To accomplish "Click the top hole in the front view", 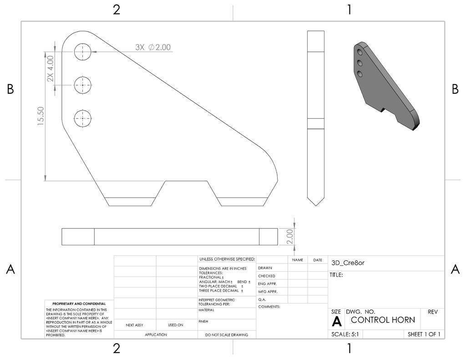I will [x=83, y=52].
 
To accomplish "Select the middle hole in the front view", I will [x=83, y=84].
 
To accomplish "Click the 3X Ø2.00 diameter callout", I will [x=153, y=47].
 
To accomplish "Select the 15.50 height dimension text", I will [x=41, y=116].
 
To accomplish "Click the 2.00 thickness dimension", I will [x=290, y=237].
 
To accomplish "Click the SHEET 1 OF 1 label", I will [x=424, y=334].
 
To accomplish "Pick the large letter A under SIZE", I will [x=337, y=322].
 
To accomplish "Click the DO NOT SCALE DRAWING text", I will [x=227, y=335].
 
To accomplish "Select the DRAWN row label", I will [x=265, y=268].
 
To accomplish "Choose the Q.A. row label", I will [x=262, y=299].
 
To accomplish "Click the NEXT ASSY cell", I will [x=135, y=325].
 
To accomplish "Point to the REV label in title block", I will [x=433, y=312].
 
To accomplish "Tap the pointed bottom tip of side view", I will [x=315, y=204].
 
